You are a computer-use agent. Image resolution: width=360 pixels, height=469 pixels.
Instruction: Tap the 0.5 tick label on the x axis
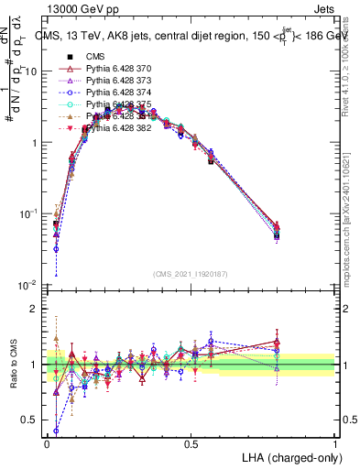click(191, 443)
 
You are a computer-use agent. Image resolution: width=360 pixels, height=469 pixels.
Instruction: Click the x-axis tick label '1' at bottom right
click(335, 443)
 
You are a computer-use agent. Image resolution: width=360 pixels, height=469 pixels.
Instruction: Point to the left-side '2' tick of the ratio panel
click(37, 309)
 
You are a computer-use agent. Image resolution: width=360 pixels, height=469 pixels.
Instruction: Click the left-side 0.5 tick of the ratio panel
click(33, 421)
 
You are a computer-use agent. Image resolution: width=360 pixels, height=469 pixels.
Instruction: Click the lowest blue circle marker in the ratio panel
click(56, 431)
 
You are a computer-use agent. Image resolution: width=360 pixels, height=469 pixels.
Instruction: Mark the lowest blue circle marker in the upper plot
click(56, 248)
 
